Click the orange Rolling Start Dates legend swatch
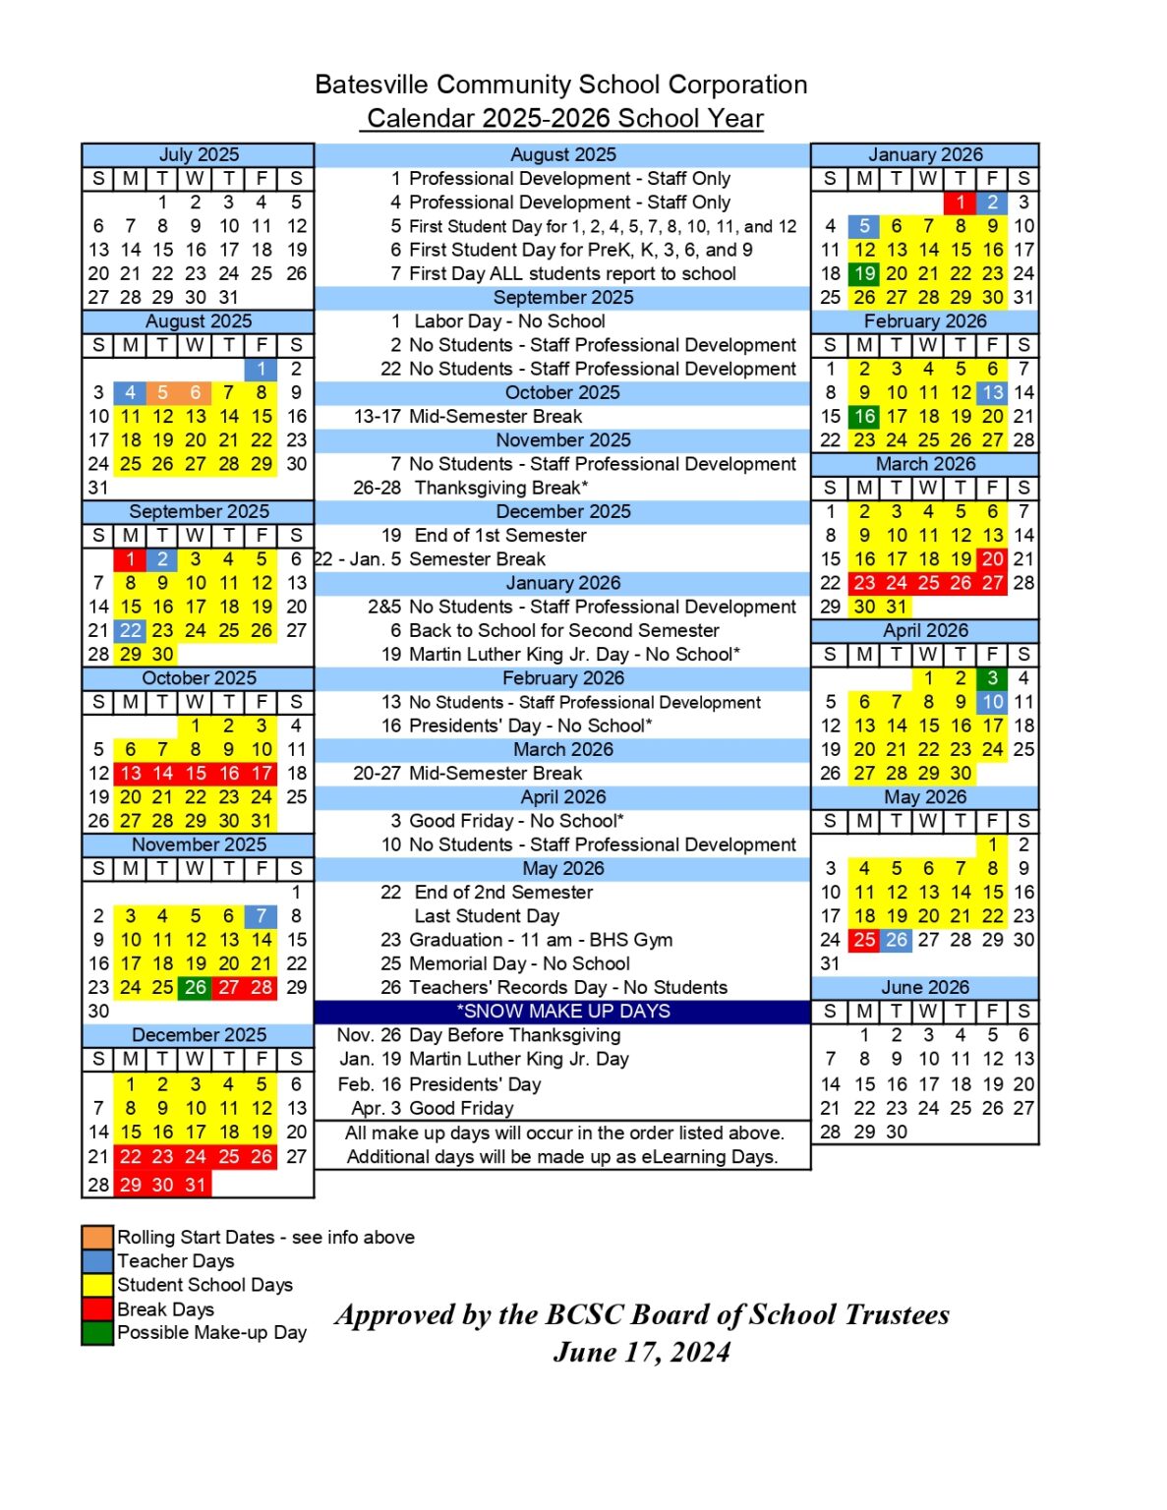(x=97, y=1237)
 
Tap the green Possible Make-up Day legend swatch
(x=97, y=1333)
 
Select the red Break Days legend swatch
(x=97, y=1308)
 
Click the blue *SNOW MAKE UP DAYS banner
(x=562, y=1012)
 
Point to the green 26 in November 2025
(x=196, y=987)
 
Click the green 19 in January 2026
(x=864, y=273)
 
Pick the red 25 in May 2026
(x=864, y=940)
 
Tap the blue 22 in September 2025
(x=131, y=630)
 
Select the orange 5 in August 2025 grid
(x=163, y=392)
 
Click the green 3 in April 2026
(x=993, y=677)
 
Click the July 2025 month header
(x=199, y=154)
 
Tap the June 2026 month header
(x=925, y=987)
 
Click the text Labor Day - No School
(x=509, y=321)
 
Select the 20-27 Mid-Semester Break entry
(x=468, y=773)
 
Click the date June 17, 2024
(x=642, y=1353)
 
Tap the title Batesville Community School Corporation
(x=561, y=85)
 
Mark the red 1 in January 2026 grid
(x=960, y=203)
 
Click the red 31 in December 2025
(x=196, y=1185)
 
